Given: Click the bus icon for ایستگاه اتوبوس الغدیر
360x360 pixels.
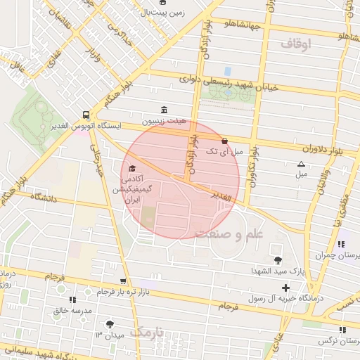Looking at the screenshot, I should click(x=86, y=114).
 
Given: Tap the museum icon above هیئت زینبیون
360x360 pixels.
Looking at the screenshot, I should click(x=165, y=110).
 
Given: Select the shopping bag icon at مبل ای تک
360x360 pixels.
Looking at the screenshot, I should click(x=224, y=141).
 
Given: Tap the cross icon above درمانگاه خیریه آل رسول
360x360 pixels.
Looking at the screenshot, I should click(x=285, y=288).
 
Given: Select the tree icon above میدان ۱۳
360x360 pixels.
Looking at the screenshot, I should click(x=109, y=324).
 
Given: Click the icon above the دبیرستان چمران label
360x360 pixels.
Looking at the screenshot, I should click(x=341, y=245).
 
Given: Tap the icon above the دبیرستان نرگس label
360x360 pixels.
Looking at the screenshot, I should click(x=342, y=329).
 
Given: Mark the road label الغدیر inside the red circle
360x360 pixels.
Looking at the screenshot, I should click(x=220, y=200).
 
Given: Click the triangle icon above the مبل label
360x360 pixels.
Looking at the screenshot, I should click(x=302, y=163).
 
